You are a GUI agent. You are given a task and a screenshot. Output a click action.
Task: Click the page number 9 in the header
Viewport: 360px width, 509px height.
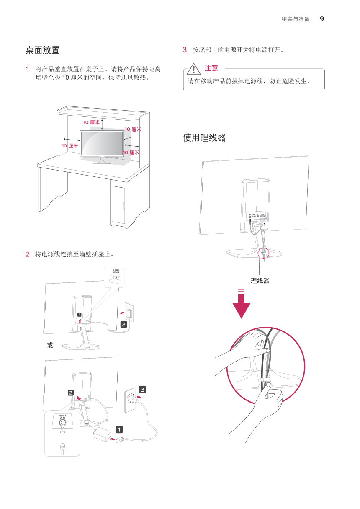321,19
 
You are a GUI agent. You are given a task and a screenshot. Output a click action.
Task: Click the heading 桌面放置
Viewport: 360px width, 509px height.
43,50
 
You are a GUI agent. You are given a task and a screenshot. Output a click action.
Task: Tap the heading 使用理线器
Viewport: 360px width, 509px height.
204,138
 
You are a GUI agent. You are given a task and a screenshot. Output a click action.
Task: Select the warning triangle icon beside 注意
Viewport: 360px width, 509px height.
194,69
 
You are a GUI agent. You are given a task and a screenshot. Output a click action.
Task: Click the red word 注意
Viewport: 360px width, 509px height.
211,68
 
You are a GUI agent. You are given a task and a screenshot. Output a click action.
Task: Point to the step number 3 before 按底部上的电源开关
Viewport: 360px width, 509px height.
185,50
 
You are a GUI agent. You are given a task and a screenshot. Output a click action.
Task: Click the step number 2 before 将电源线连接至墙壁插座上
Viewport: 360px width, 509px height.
27,254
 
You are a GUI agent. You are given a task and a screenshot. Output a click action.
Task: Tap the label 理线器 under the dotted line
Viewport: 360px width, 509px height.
260,281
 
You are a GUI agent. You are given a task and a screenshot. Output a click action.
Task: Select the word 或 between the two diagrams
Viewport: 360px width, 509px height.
50,345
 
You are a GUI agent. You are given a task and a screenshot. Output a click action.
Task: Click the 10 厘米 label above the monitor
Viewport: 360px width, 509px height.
91,122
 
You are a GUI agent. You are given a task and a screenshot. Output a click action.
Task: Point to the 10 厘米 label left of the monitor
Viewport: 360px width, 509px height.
70,146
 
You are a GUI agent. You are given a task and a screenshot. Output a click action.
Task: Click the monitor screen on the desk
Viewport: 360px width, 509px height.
102,143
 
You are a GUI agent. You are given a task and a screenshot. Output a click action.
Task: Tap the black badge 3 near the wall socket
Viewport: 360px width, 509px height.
143,390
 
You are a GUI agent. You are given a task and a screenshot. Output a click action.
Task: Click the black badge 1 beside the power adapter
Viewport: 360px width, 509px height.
119,430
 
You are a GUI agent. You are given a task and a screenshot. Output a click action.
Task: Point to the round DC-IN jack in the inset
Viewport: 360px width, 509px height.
62,423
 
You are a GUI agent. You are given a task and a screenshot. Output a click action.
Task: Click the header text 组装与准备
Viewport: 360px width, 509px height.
295,19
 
